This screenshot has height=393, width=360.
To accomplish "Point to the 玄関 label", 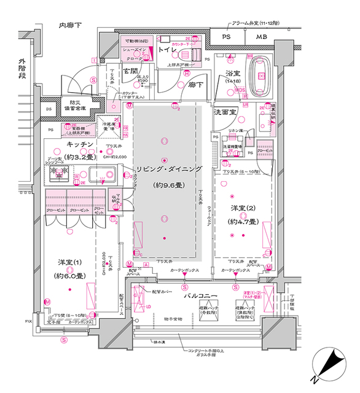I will (x=130, y=71).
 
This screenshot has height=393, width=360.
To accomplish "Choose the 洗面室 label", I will (x=225, y=113).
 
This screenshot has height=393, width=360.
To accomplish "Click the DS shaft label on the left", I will (x=49, y=109).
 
